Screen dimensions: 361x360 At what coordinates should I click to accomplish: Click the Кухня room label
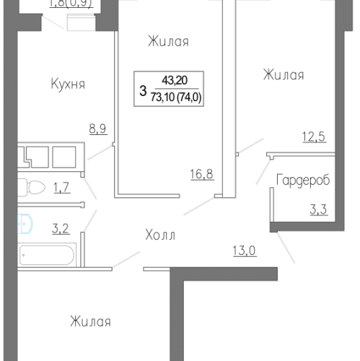(x=68, y=84)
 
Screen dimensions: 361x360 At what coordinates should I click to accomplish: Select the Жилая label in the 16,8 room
(x=168, y=42)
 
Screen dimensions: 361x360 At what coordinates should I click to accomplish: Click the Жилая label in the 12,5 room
(x=284, y=74)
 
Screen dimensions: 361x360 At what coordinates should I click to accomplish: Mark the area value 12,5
(x=315, y=135)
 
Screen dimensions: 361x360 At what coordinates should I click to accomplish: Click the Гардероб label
(x=302, y=180)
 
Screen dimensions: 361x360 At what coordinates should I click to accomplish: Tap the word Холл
(x=160, y=235)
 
